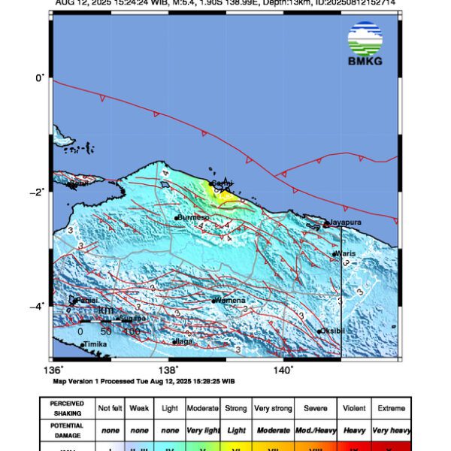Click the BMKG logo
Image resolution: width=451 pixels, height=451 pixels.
pos(365,44)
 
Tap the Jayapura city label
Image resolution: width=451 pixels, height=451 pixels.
pos(349,223)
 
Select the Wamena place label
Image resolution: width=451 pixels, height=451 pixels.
pos(231,301)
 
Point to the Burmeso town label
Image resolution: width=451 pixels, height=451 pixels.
pos(192,218)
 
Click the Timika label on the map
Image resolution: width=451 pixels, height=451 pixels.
pos(94,345)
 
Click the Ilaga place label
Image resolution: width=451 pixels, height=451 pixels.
pos(184,341)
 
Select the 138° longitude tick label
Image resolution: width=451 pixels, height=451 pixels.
pos(168,371)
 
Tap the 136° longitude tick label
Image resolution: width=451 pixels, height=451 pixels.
pos(53,371)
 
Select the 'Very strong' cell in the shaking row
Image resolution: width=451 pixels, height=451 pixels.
pos(272,408)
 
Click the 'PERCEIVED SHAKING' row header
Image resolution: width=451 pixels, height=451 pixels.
pos(67,408)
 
